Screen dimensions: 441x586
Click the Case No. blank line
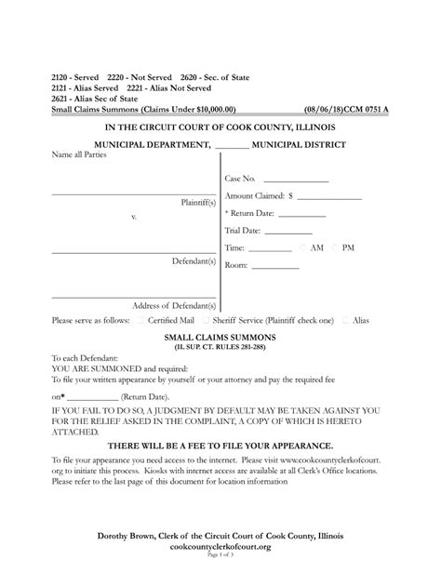pos(295,180)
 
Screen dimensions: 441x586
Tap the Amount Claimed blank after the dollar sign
pos(327,198)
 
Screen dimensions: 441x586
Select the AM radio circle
pos(302,248)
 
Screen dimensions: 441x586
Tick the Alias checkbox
pos(345,319)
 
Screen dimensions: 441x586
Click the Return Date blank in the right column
pos(301,216)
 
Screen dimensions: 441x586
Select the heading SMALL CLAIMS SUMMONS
pos(220,337)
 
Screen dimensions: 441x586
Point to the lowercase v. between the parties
pos(134,216)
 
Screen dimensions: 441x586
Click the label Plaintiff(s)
pos(198,201)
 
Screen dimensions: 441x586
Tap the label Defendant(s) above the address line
pos(194,261)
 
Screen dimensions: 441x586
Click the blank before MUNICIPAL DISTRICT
pos(232,146)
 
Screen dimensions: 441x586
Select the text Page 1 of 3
pos(220,555)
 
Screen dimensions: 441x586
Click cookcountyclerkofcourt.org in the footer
pos(220,547)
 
